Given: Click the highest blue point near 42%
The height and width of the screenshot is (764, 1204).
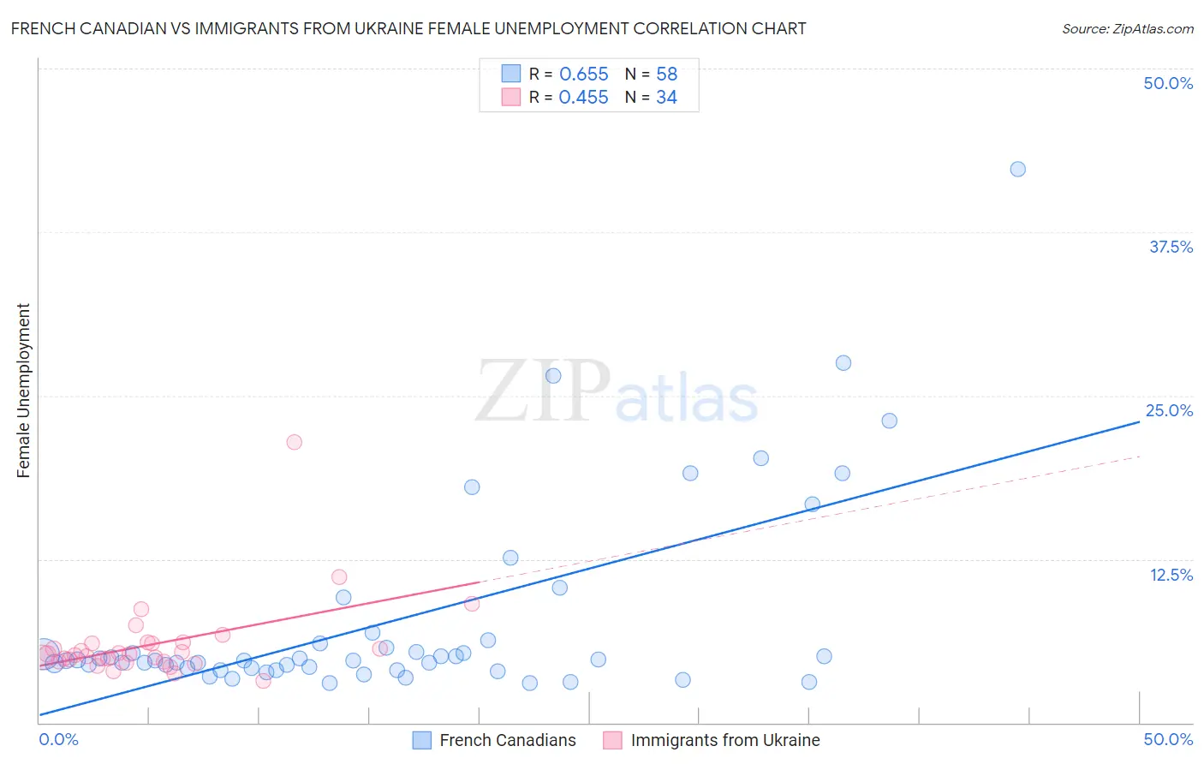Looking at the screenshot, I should point(1017,169).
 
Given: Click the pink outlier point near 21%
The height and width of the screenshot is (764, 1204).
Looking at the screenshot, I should point(294,442).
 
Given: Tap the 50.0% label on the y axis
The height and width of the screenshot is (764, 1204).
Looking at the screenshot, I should point(1168,83).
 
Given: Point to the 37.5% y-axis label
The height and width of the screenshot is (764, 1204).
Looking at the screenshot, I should point(1171,247).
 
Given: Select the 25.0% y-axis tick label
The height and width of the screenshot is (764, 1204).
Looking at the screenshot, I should point(1169,410).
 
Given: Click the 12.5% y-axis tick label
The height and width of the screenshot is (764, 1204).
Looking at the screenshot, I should point(1171,575).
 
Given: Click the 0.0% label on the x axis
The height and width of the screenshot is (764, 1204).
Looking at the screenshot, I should point(59,739).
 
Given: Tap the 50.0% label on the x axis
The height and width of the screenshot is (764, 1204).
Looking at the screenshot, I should point(1168,739).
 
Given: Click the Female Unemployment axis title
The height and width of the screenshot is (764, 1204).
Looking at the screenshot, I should point(23,391).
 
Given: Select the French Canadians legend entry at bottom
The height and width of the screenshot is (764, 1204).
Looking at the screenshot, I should point(507,740).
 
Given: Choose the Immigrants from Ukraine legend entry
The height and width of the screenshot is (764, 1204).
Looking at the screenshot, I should point(724,740).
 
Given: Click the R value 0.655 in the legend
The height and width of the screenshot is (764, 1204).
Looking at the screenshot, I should point(583,75).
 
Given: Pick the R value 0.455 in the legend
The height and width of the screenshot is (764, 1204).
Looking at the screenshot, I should point(583,98).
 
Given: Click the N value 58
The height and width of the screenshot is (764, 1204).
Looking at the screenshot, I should point(666,75).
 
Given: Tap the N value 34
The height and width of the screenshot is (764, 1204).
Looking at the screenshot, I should point(666,98).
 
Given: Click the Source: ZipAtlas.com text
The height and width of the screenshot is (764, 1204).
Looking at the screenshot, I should point(1127,29).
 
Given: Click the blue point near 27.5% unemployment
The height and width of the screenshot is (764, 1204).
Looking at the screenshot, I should point(843,363).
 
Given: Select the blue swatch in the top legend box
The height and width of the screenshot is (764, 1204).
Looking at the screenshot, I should point(511,74).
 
